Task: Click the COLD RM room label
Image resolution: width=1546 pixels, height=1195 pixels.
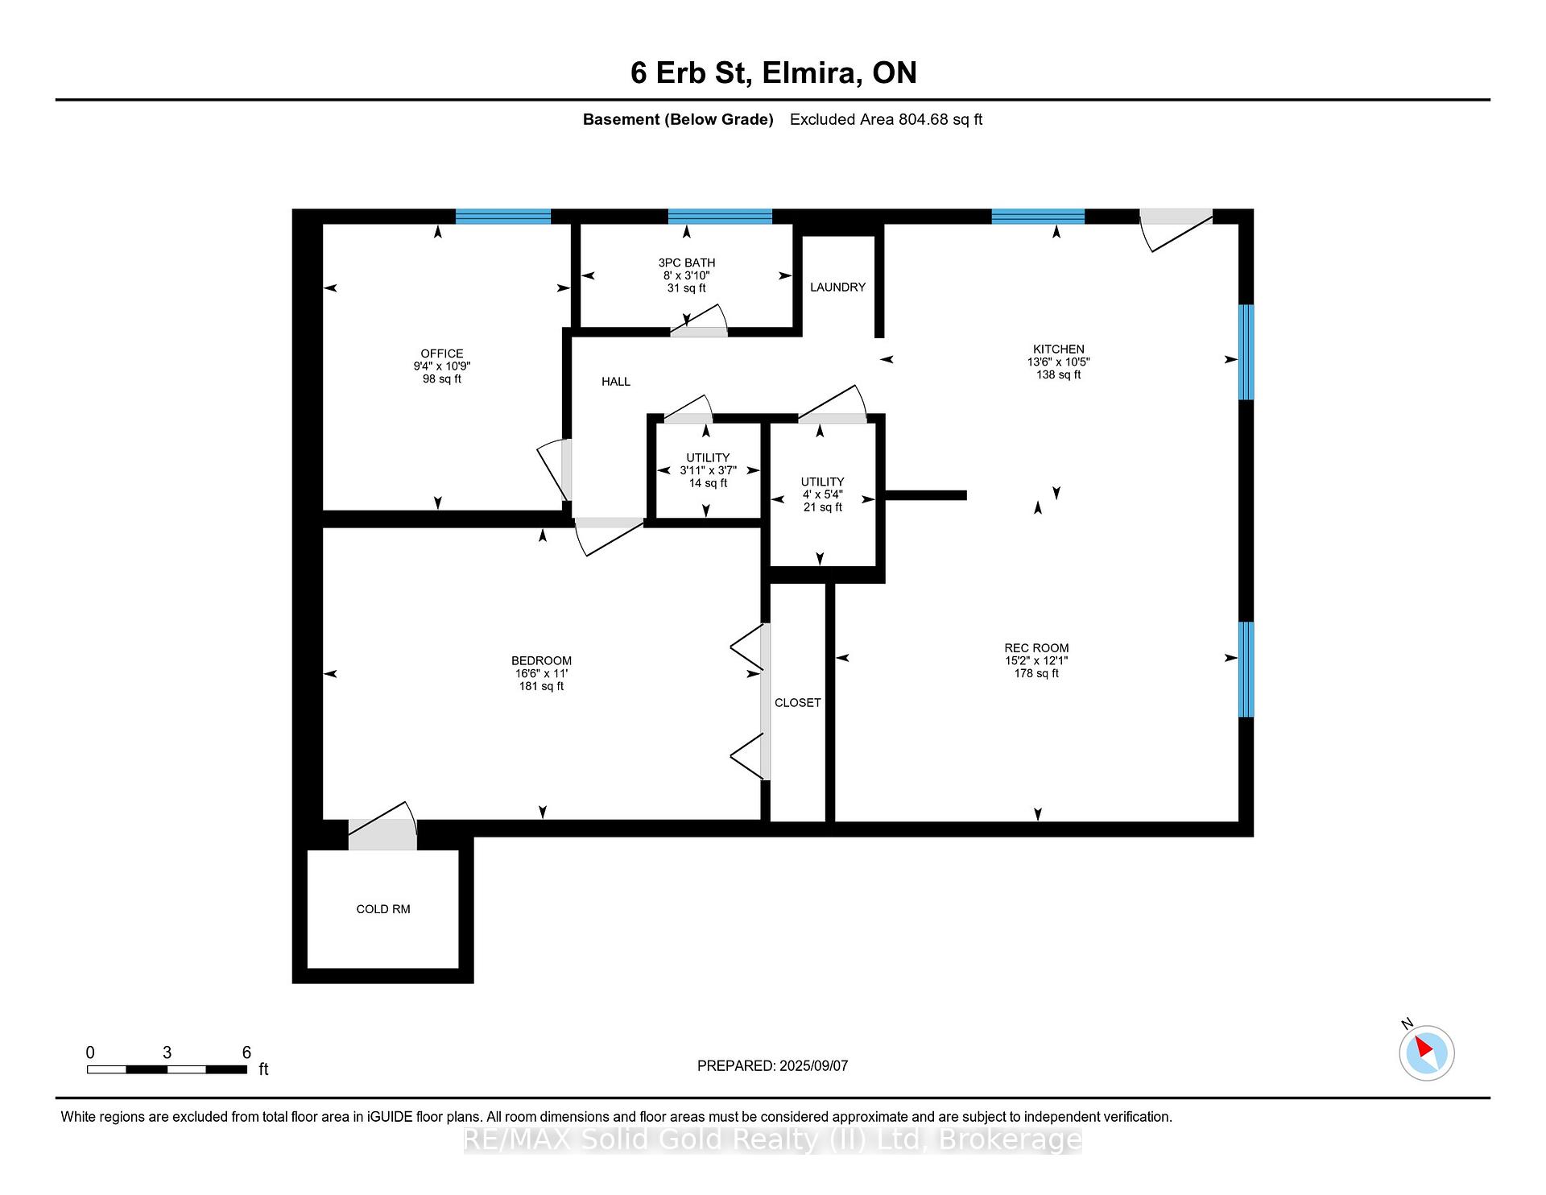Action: click(x=383, y=909)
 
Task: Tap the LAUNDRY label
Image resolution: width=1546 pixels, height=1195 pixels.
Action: click(x=837, y=287)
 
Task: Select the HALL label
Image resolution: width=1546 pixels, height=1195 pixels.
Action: click(x=616, y=382)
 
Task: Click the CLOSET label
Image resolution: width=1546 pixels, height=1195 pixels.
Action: click(x=798, y=703)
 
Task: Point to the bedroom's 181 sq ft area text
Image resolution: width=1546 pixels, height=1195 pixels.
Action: click(x=542, y=687)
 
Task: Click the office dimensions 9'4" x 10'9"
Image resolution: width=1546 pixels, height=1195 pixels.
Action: click(x=442, y=366)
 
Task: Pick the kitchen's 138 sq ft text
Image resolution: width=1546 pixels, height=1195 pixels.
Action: click(x=1059, y=374)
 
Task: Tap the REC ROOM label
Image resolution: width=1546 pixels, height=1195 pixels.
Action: click(x=1036, y=648)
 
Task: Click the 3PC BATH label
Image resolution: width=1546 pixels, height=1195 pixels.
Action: click(x=687, y=263)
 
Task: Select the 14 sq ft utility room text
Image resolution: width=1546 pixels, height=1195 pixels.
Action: click(x=708, y=483)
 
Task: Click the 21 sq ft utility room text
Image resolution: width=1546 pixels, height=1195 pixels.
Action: click(x=823, y=507)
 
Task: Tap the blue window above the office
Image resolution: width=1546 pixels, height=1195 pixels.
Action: click(x=503, y=216)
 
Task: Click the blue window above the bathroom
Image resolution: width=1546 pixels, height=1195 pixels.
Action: click(x=720, y=216)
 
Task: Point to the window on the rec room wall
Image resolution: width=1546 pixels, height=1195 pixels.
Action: click(x=1246, y=669)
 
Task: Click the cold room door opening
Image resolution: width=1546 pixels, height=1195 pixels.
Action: click(x=382, y=834)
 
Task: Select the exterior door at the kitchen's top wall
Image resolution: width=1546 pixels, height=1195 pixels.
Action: click(x=1176, y=217)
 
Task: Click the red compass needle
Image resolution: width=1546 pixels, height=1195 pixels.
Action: click(x=1424, y=1047)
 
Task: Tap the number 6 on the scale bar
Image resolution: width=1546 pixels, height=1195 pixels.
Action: click(x=246, y=1052)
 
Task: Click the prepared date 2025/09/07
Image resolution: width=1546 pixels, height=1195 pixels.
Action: click(x=813, y=1066)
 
